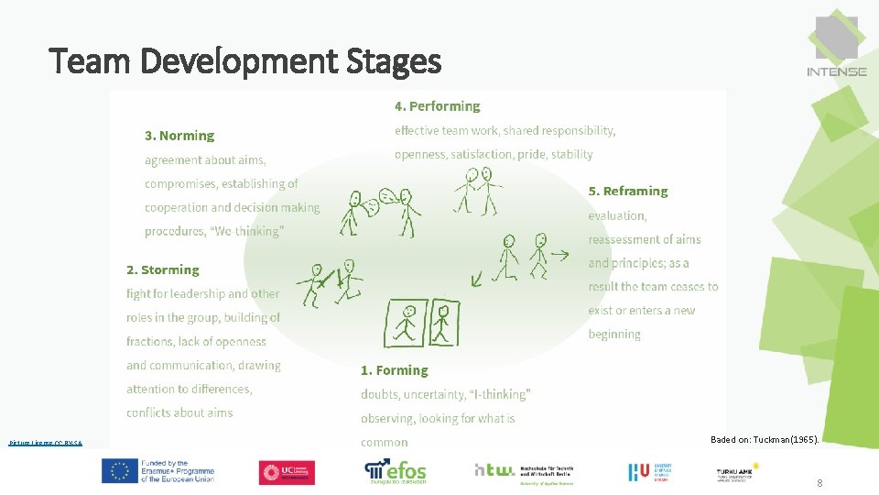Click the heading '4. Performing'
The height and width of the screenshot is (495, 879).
click(x=437, y=106)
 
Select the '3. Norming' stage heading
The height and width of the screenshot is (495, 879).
click(x=179, y=136)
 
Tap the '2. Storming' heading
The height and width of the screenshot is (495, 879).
click(x=162, y=270)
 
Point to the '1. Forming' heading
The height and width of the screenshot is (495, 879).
click(x=394, y=370)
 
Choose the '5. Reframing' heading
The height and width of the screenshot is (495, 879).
click(x=628, y=192)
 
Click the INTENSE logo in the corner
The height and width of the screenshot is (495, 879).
click(x=836, y=46)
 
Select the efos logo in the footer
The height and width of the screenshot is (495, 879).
click(x=396, y=471)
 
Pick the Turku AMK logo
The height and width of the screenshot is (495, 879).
click(x=737, y=471)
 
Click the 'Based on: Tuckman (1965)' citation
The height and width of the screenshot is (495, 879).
click(x=765, y=440)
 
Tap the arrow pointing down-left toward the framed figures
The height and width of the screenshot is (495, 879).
click(x=477, y=277)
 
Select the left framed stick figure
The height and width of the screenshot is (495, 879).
click(x=405, y=322)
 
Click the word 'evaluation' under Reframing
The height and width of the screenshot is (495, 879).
click(x=617, y=215)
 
